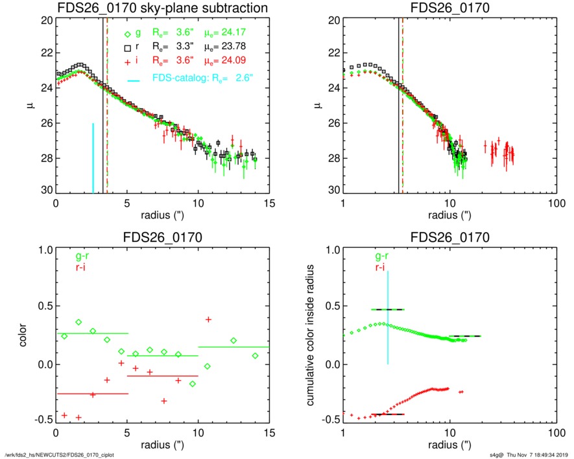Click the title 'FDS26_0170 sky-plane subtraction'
click(162, 8)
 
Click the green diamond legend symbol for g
click(128, 32)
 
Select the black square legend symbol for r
click(128, 47)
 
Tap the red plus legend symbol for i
click(128, 61)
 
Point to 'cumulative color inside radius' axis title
click(311, 335)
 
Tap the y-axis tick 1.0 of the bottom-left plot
click(42, 250)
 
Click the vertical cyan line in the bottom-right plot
click(388, 317)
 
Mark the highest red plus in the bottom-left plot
click(208, 319)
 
